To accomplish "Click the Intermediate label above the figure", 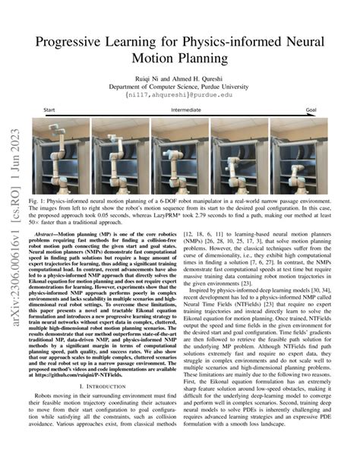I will [x=185, y=111].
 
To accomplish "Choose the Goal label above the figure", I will [x=311, y=111].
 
